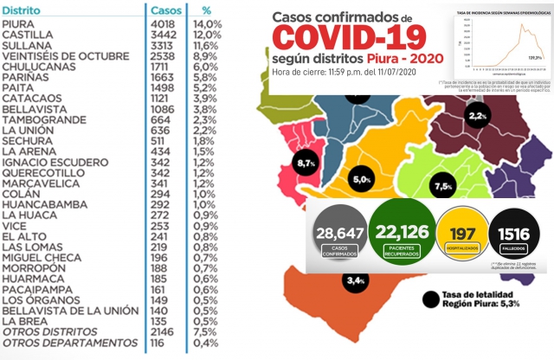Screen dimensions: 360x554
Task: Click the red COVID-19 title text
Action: point(350,37)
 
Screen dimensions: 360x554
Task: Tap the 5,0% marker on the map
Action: point(387,180)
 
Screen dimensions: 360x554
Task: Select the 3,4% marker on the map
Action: point(356,280)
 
